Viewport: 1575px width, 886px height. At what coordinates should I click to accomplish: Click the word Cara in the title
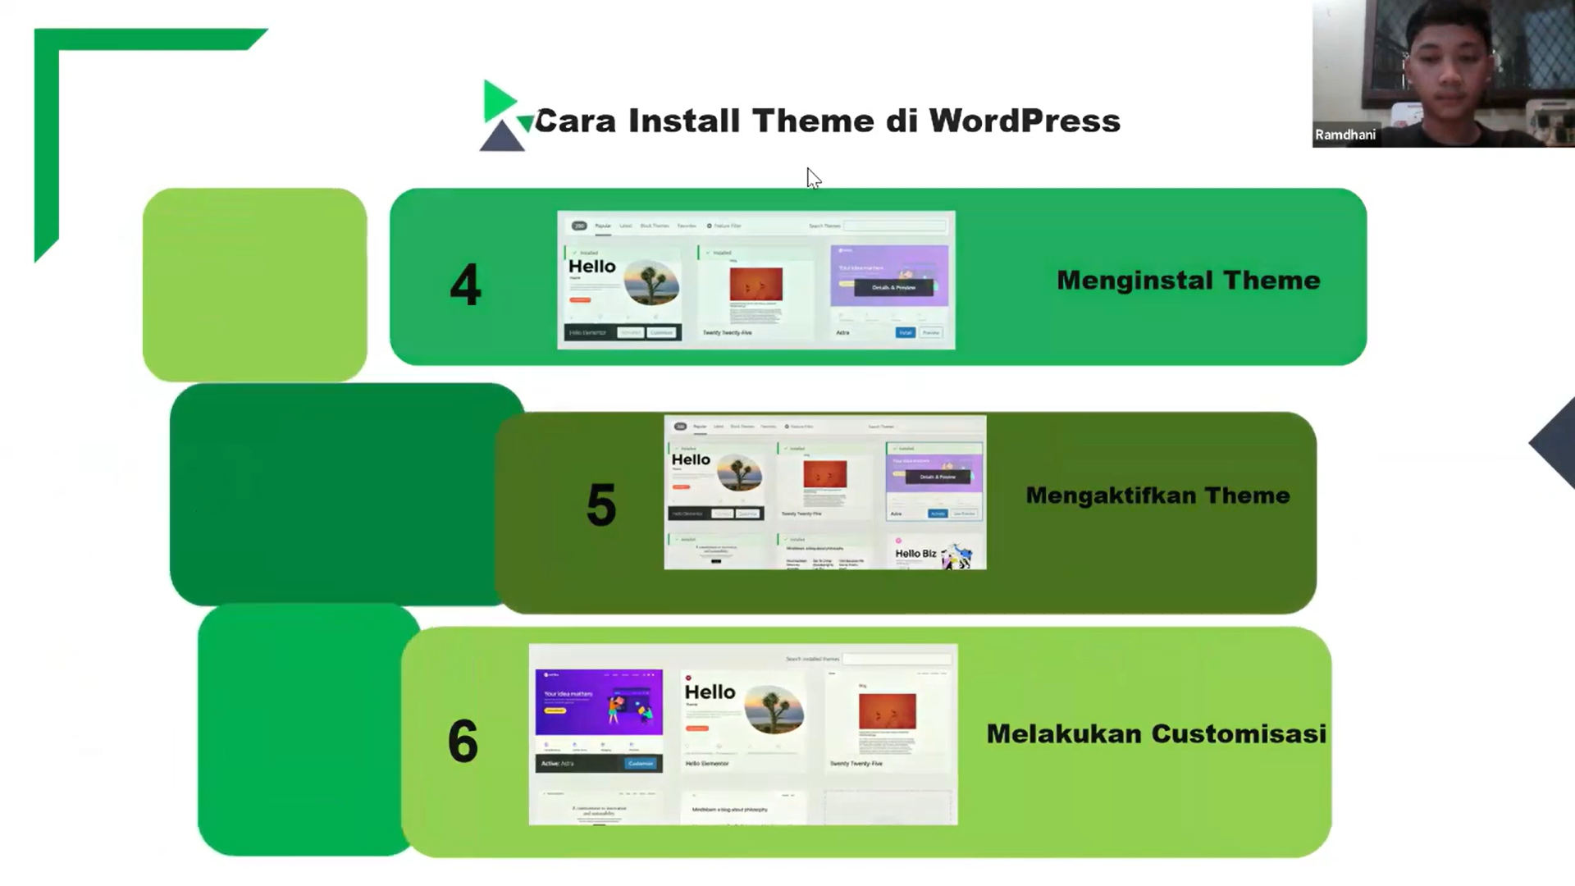click(575, 121)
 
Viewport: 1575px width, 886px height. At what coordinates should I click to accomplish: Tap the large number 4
click(465, 285)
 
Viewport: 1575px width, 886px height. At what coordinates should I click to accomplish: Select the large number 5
click(601, 505)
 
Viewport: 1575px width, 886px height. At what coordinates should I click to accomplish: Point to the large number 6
click(463, 741)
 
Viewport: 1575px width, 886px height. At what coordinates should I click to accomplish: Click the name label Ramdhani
click(1345, 135)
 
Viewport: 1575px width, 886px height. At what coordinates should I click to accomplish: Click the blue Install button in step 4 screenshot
click(905, 332)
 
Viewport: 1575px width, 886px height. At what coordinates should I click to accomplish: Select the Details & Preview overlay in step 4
click(893, 288)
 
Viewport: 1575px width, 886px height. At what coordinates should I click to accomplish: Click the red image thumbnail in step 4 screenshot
click(756, 285)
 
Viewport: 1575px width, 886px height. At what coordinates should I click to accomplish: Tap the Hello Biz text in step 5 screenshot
click(915, 554)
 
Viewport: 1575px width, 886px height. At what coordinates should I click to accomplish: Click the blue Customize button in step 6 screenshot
click(640, 763)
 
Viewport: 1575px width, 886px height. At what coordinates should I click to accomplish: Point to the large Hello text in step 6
click(710, 692)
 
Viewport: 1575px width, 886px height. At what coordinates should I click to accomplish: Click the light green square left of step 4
click(254, 285)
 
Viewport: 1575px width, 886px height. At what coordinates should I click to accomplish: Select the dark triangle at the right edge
click(1555, 443)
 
